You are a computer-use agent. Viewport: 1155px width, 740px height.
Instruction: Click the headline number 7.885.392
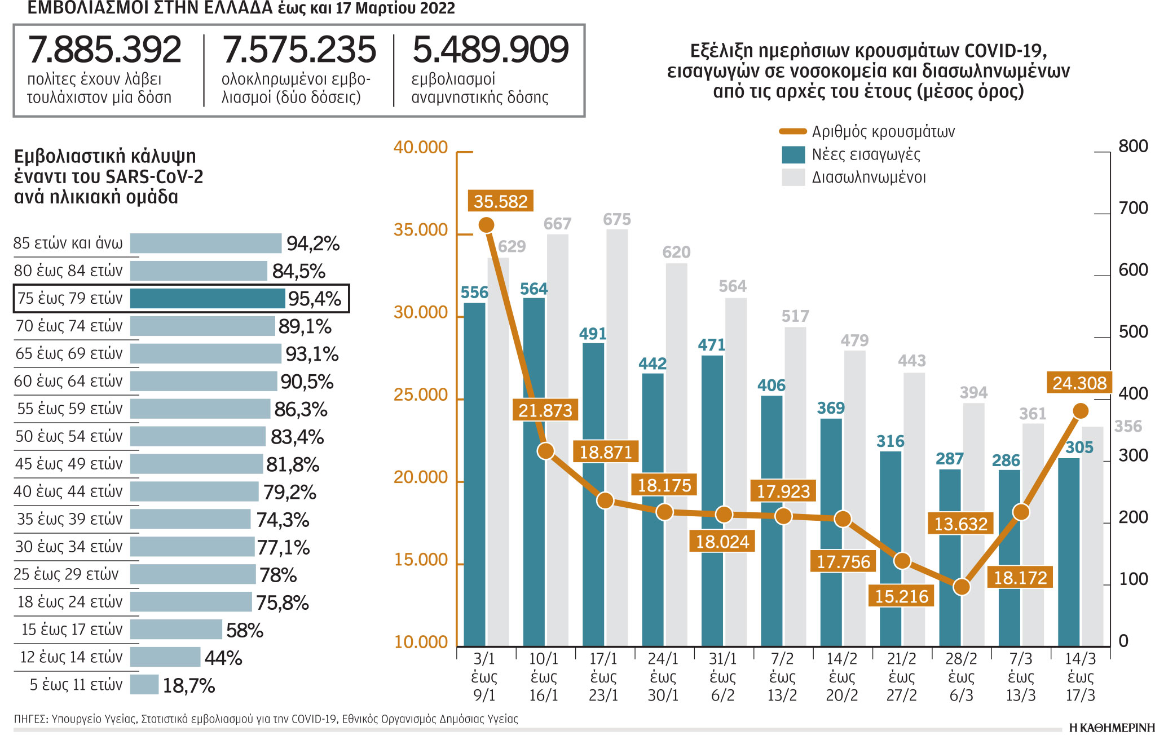point(105,50)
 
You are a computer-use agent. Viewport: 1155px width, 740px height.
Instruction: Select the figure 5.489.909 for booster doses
point(490,50)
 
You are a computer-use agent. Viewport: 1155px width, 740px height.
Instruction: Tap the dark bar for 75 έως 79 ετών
point(208,299)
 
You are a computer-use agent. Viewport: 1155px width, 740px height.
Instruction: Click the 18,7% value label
point(189,686)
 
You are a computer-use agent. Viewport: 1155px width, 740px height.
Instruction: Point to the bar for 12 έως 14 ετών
point(165,657)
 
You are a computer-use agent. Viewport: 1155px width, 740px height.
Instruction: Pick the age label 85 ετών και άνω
point(68,243)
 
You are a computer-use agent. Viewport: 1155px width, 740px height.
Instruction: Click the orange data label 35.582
point(500,201)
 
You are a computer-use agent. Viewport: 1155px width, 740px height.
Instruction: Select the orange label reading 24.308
point(1079,383)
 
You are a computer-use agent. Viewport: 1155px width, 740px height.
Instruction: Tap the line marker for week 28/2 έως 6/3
point(962,587)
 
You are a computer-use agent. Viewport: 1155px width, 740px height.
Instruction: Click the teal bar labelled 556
point(474,473)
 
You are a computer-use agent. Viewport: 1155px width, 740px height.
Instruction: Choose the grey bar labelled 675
point(617,437)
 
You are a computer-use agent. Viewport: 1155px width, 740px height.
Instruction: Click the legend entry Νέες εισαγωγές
point(866,154)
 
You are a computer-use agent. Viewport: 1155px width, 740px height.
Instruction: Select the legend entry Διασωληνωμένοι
point(869,178)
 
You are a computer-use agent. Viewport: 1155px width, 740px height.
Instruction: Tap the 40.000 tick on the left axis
point(421,148)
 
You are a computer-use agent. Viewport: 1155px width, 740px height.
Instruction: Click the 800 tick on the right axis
point(1132,147)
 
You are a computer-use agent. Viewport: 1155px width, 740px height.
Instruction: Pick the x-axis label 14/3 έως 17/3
point(1080,677)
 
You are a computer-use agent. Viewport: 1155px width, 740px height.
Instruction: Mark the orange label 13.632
point(960,524)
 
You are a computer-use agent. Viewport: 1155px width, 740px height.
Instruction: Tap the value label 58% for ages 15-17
point(245,631)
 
